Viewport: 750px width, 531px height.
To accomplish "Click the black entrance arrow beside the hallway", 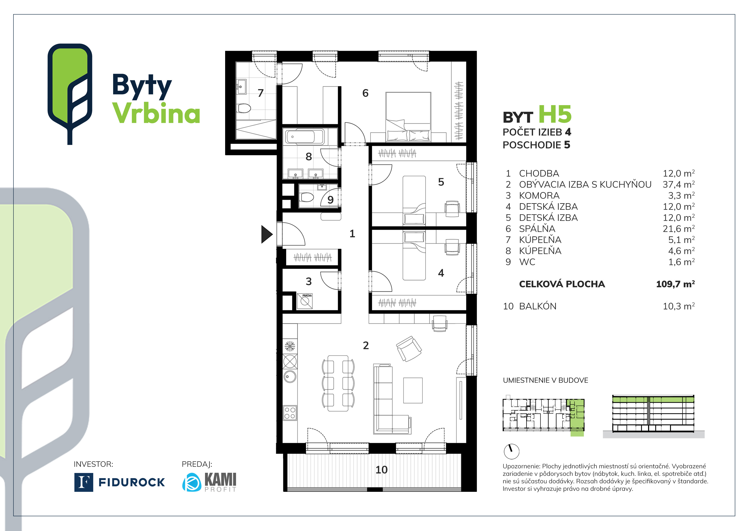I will (x=266, y=234).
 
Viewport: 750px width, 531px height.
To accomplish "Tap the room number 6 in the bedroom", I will (x=365, y=93).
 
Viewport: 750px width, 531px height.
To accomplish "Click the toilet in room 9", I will (x=307, y=197).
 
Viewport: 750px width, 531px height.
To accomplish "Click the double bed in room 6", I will (x=408, y=117).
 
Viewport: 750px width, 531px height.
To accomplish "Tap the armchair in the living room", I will (x=409, y=349).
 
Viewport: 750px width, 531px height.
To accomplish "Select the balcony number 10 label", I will (x=381, y=470).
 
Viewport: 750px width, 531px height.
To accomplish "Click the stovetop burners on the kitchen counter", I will (x=290, y=413).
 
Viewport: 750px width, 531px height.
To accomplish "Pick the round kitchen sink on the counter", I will (x=290, y=377).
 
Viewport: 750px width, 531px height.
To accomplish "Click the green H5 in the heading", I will (x=555, y=115).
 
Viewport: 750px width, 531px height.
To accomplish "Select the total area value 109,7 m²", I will (x=675, y=284).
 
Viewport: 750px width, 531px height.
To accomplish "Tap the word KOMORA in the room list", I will (x=539, y=196).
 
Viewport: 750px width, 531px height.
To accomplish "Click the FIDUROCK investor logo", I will (x=120, y=482).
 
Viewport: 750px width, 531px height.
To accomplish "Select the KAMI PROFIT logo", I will (x=209, y=482).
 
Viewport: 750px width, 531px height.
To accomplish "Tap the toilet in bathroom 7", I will (x=244, y=108).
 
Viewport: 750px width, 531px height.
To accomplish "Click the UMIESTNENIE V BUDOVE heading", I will (x=545, y=380).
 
